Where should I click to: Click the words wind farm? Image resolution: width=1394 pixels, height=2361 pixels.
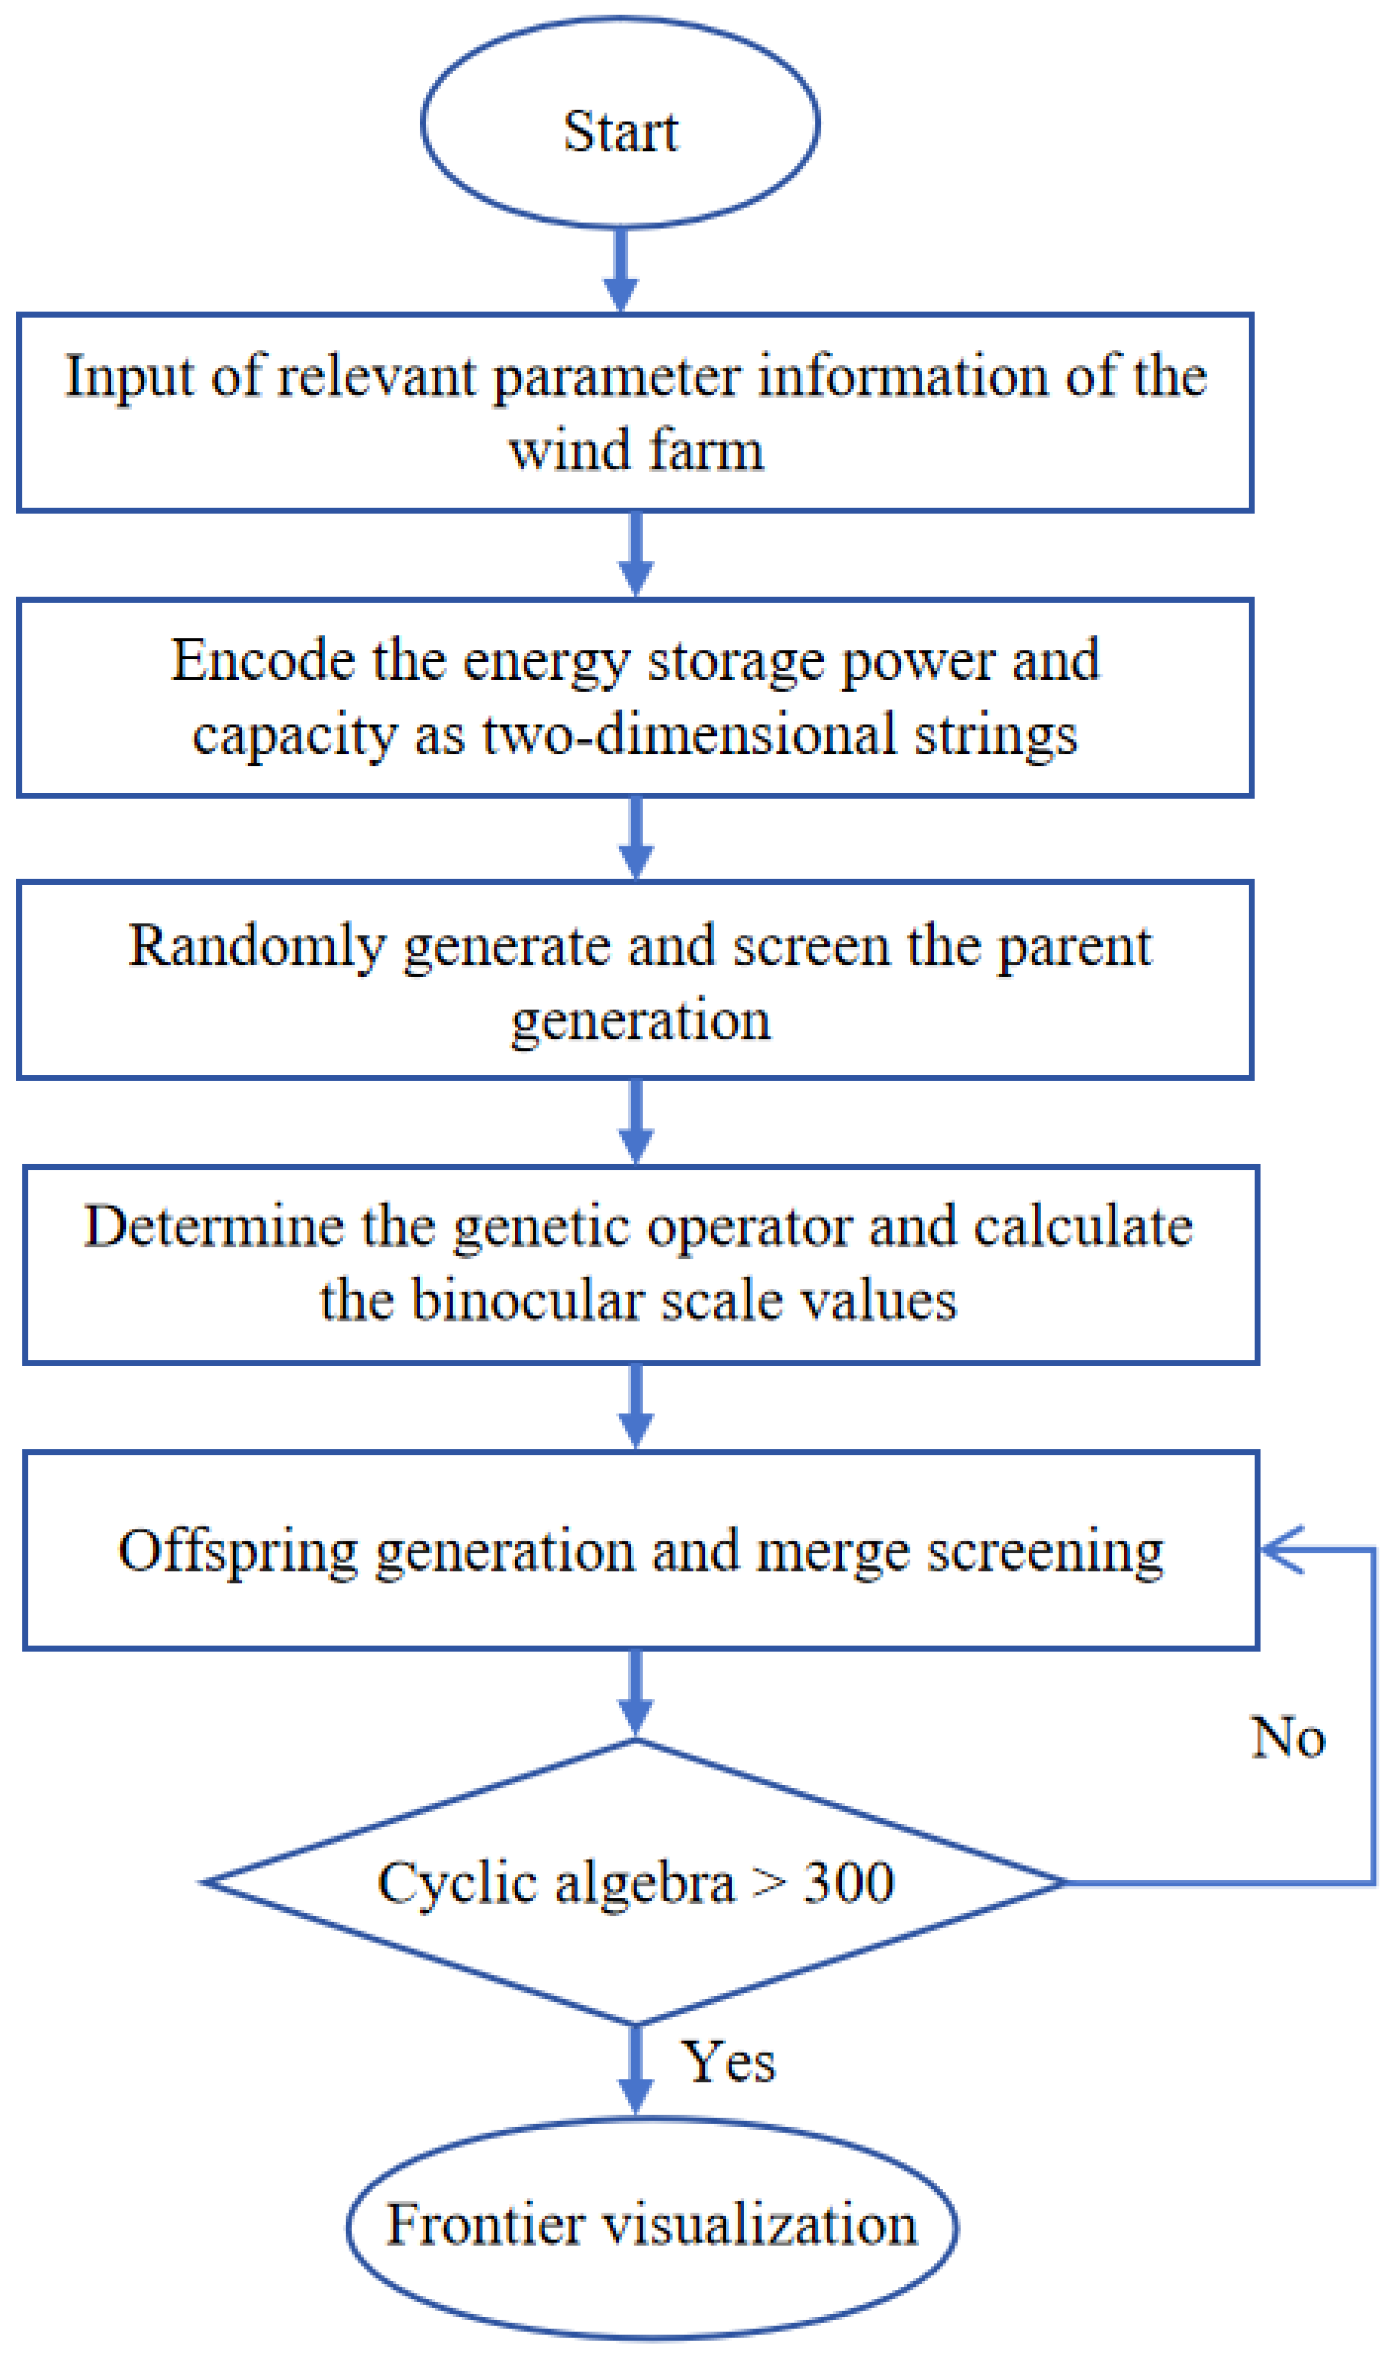(x=636, y=450)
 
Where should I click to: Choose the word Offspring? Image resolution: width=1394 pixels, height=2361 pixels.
(x=238, y=1551)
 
